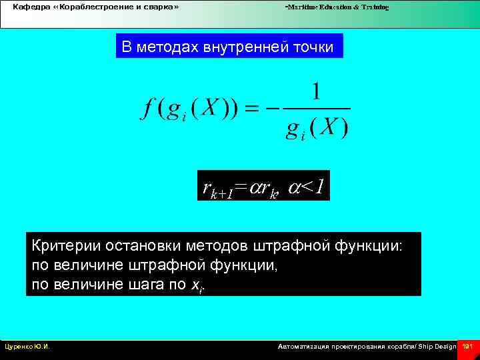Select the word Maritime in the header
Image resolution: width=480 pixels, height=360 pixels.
pos(302,7)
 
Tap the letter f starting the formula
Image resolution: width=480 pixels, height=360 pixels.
pos(146,109)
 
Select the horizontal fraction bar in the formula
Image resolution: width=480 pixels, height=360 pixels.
pos(316,108)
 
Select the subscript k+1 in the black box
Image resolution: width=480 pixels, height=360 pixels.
pos(222,194)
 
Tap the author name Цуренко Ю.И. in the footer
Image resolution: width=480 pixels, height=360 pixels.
pos(27,347)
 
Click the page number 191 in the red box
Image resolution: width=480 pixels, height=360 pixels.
pos(467,347)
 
